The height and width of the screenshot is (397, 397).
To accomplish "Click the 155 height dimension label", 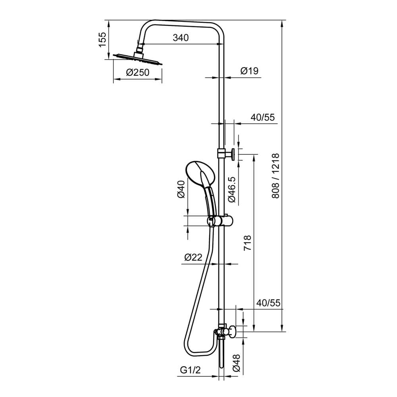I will [102, 40].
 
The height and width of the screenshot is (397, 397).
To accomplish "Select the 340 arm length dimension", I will [180, 38].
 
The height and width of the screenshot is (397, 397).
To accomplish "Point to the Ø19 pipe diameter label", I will [249, 71].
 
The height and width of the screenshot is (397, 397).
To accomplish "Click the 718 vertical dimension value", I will [247, 243].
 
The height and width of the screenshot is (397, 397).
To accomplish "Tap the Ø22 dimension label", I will [193, 257].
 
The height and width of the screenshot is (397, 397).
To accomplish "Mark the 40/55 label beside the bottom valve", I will [268, 303].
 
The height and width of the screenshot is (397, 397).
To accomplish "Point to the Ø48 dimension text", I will [237, 363].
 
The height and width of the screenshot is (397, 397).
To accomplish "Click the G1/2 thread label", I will [189, 370].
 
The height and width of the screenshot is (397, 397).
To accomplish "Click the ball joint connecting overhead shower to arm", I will [140, 48].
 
